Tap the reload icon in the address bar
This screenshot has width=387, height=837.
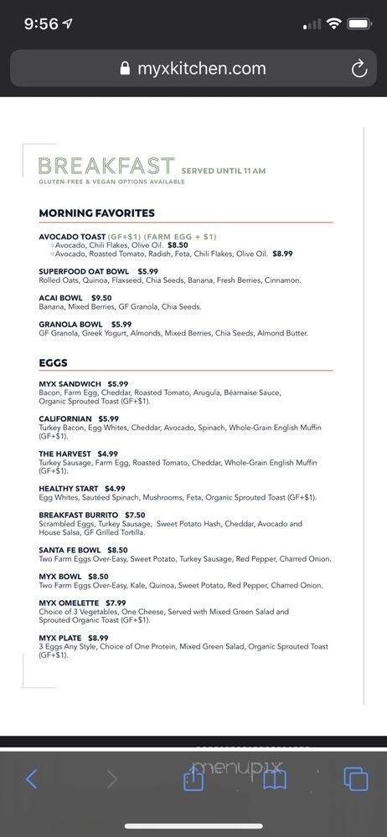pyautogui.click(x=359, y=69)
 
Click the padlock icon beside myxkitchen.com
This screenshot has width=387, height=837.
pyautogui.click(x=126, y=69)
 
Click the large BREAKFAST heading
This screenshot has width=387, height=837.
pyautogui.click(x=106, y=166)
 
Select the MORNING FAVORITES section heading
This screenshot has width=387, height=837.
pyautogui.click(x=96, y=213)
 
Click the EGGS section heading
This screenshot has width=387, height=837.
pyautogui.click(x=53, y=363)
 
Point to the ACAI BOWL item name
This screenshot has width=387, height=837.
pyautogui.click(x=60, y=298)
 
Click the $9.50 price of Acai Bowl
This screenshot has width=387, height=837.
pyautogui.click(x=101, y=298)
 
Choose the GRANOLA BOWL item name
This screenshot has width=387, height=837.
pyautogui.click(x=70, y=324)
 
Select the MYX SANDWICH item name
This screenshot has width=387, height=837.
pyautogui.click(x=70, y=384)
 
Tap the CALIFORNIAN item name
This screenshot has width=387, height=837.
pyautogui.click(x=65, y=418)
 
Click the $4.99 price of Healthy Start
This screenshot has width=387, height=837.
pyautogui.click(x=115, y=489)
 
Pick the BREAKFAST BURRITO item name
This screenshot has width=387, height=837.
pyautogui.click(x=78, y=515)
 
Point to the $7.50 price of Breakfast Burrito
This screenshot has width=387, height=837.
pyautogui.click(x=135, y=515)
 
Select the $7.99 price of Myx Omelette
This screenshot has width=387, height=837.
pyautogui.click(x=116, y=603)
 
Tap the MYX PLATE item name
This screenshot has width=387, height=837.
pyautogui.click(x=60, y=638)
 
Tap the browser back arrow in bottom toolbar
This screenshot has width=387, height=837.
pyautogui.click(x=31, y=779)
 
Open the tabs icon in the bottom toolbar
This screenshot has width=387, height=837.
pyautogui.click(x=356, y=779)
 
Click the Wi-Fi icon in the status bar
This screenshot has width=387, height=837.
pyautogui.click(x=333, y=24)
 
